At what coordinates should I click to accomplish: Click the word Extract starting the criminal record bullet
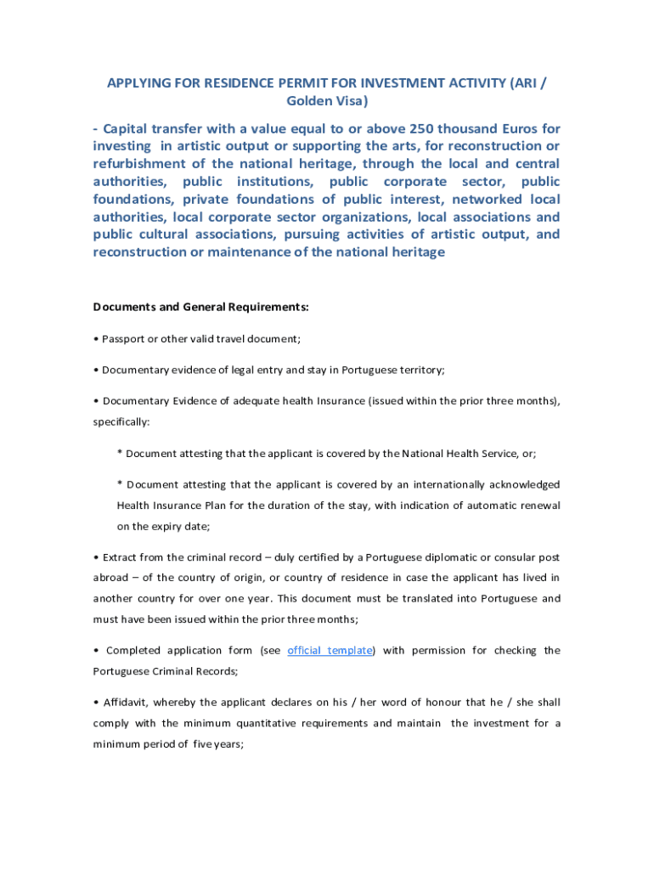coord(121,557)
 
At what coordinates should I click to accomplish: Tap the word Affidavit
coord(126,703)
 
